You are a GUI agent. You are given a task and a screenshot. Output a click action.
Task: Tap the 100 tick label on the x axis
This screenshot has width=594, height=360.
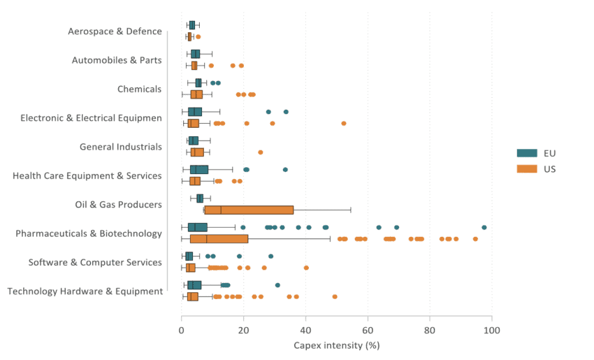tap(492, 330)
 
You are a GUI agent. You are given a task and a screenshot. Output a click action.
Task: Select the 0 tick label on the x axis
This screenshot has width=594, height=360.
tap(182, 330)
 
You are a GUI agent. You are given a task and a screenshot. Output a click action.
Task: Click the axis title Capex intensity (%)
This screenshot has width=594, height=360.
tap(336, 345)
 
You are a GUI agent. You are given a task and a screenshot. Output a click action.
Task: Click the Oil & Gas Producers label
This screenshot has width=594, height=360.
tap(118, 205)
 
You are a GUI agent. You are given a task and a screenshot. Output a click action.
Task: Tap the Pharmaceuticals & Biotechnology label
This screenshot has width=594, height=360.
tap(89, 233)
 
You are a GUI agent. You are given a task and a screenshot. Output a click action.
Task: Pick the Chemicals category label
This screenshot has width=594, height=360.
tap(140, 89)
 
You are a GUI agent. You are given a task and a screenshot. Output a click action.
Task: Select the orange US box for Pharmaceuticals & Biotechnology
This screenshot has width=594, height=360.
tap(219, 239)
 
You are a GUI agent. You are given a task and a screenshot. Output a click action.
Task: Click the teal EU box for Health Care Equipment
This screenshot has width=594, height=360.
tap(199, 169)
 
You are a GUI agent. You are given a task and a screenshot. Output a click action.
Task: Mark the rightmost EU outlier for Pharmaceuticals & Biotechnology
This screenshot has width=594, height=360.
tap(484, 227)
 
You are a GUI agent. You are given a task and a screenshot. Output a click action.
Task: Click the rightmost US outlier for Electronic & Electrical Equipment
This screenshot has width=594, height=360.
tap(344, 123)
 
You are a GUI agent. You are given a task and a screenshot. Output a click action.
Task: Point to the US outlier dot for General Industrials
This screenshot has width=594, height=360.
tap(261, 152)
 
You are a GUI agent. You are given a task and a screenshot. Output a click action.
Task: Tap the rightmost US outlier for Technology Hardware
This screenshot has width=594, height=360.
tap(335, 296)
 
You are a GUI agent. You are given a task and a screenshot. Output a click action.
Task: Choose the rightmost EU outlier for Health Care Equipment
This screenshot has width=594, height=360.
tap(285, 169)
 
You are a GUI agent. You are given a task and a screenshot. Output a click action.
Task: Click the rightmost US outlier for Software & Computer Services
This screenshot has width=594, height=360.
tap(306, 268)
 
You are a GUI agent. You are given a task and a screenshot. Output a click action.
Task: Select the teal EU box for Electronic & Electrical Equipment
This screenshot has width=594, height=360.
tap(195, 112)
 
